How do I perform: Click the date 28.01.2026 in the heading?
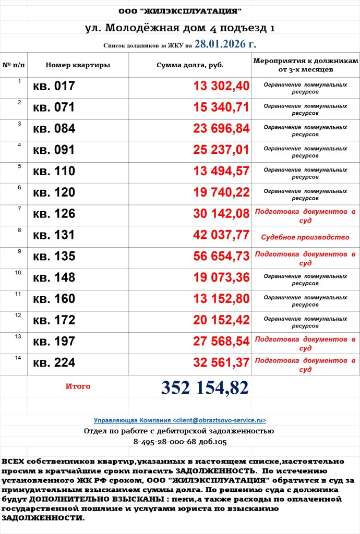225,44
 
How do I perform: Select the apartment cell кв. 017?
54,87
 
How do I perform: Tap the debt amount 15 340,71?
221,108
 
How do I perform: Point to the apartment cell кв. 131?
54,235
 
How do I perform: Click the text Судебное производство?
305,237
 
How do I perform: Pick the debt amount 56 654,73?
221,257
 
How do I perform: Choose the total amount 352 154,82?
205,387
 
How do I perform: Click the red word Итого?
78,386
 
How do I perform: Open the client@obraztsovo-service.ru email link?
180,420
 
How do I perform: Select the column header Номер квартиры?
78,65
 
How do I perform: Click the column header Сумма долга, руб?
190,65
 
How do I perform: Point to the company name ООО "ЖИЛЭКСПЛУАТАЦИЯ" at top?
180,11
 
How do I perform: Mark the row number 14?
18,358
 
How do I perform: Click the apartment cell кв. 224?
54,363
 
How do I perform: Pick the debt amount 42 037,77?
221,235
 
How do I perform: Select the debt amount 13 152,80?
221,299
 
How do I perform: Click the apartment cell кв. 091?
54,150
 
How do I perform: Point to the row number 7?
19,209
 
